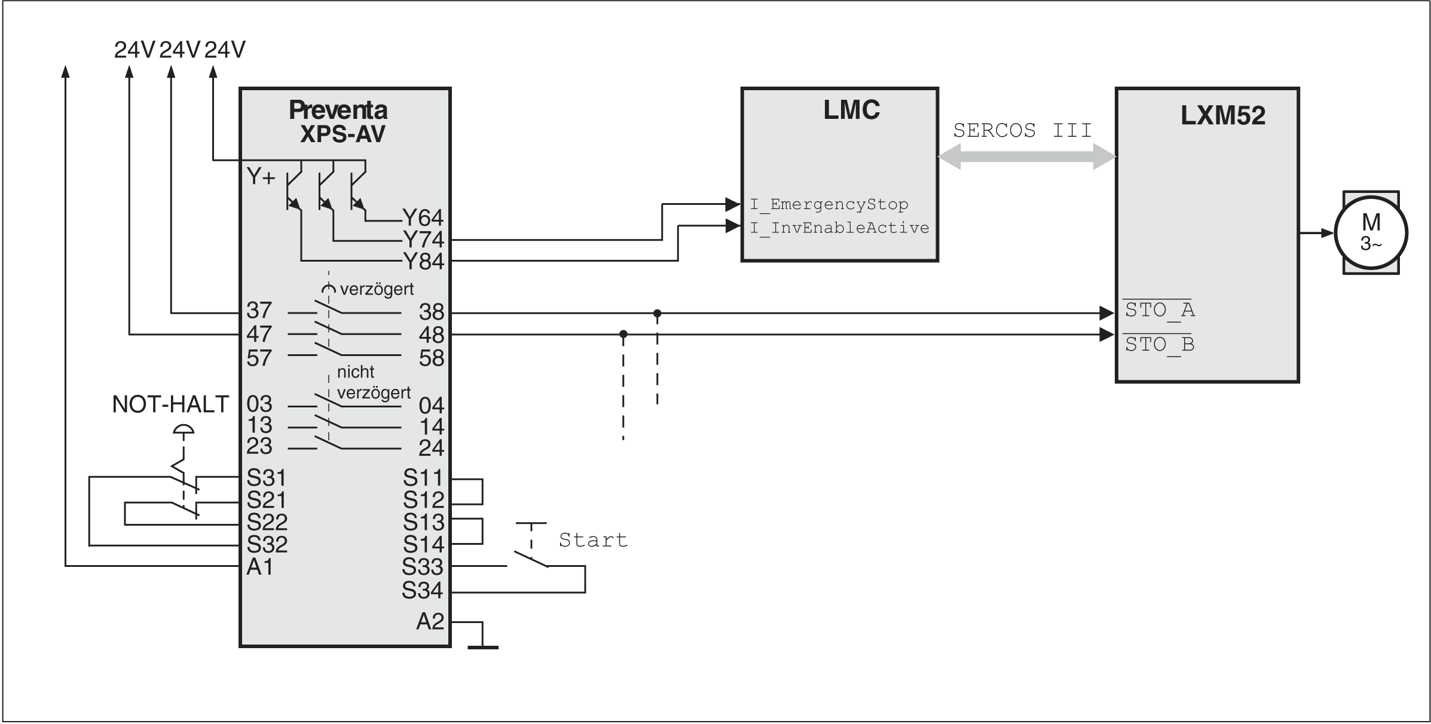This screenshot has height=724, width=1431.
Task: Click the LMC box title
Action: (851, 111)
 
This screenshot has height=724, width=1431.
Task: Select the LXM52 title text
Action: (1222, 116)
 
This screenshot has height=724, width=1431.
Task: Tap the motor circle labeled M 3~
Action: (1371, 233)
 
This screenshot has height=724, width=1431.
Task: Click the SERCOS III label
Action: (1022, 131)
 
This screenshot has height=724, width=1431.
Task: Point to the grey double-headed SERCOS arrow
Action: (1026, 157)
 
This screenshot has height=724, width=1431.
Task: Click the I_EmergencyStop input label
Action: (828, 204)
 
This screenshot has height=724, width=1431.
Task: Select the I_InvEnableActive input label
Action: (839, 228)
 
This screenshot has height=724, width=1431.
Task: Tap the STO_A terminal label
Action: (1159, 310)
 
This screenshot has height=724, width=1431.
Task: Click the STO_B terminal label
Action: (1159, 345)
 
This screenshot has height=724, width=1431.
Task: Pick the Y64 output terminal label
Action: (423, 217)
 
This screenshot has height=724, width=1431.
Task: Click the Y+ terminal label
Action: (261, 177)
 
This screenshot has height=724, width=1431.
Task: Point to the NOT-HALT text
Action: (170, 405)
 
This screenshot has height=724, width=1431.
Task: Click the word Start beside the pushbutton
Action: (593, 540)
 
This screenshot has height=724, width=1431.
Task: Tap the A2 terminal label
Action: (430, 622)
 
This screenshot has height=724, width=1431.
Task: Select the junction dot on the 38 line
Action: (657, 313)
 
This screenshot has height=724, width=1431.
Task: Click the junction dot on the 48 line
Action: (623, 334)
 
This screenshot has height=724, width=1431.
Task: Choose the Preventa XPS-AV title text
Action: (339, 122)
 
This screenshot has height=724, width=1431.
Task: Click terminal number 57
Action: (259, 358)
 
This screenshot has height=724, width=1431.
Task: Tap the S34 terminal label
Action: (422, 591)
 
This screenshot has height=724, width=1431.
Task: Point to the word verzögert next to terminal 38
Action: (377, 290)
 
